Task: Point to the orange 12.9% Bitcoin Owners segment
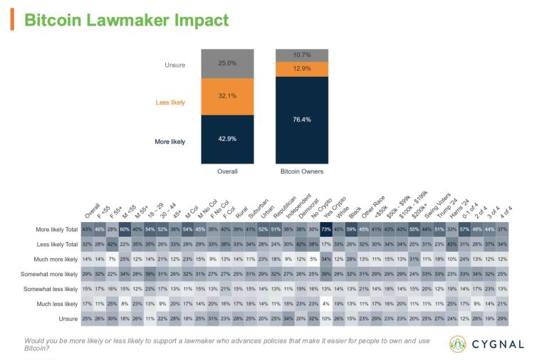pos(305,68)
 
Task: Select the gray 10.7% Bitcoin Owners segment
pos(305,54)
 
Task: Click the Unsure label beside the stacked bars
pos(174,65)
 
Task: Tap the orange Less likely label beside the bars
pos(171,102)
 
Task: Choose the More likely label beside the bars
pos(169,142)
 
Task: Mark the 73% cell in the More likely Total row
pos(326,228)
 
